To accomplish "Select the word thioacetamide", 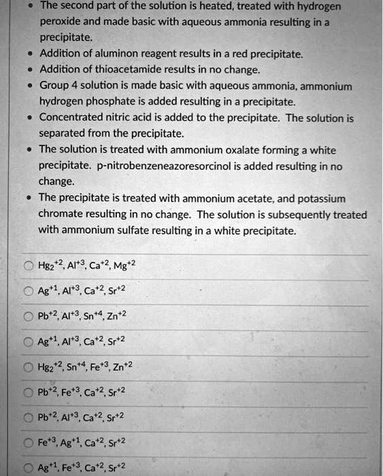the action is pos(121,69).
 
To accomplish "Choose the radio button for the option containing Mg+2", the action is pos(29,266).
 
